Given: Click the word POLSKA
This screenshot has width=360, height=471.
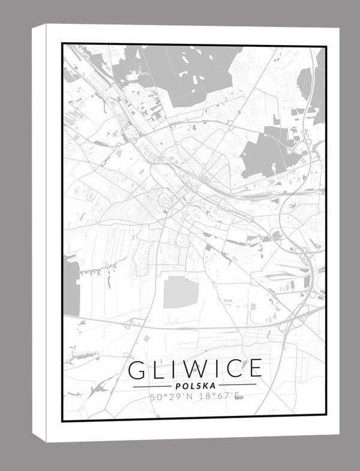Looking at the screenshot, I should [195, 385].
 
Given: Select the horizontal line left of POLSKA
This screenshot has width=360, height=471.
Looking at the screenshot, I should [150, 386].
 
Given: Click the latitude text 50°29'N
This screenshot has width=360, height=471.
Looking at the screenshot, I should [170, 397].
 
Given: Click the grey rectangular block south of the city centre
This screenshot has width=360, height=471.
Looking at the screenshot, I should [181, 292].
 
